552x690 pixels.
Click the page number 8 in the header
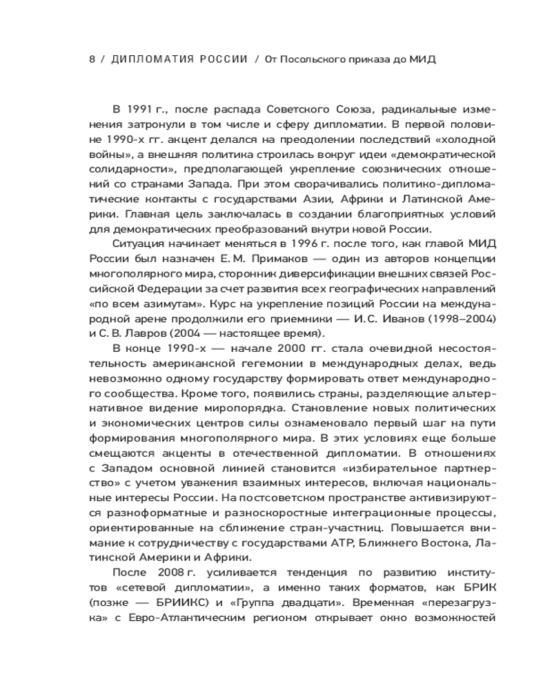click(x=92, y=59)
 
